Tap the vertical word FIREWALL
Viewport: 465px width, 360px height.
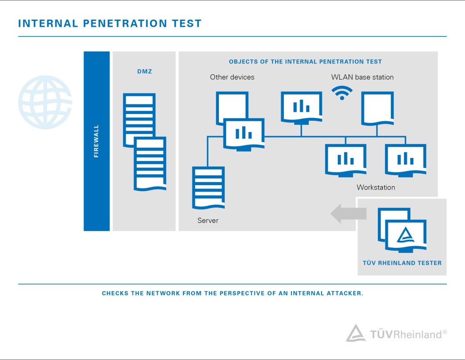[96, 141]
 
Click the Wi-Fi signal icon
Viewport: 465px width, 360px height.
[341, 93]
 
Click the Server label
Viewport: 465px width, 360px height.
[208, 221]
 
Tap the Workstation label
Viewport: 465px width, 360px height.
[376, 187]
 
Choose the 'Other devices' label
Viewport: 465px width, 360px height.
[232, 77]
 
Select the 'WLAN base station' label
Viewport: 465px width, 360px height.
[362, 77]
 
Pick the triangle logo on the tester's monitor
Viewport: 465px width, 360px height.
[405, 235]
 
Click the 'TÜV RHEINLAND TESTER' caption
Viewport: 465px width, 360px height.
[402, 263]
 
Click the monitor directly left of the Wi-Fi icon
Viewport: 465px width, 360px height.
[302, 108]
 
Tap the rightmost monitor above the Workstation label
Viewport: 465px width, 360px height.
[406, 159]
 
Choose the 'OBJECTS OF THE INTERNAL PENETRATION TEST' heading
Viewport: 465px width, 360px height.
[305, 62]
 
